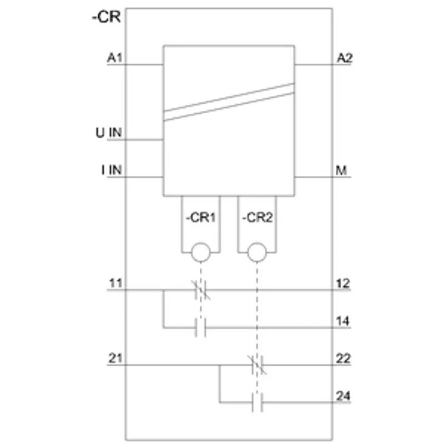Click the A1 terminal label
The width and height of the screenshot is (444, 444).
[x=115, y=58]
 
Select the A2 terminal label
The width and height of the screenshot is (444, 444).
[x=345, y=58]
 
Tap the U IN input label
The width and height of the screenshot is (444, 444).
[x=109, y=133]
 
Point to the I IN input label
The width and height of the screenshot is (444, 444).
[x=112, y=170]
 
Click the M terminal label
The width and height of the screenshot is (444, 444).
[x=341, y=170]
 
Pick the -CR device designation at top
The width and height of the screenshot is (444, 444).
[x=106, y=17]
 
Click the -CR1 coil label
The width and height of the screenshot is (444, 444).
[x=200, y=218]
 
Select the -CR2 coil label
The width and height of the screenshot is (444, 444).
[x=257, y=218]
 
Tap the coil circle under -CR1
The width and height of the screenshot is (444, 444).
[x=201, y=252]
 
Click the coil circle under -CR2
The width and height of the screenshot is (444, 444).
[x=257, y=252]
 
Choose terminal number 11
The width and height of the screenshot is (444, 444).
[x=115, y=283]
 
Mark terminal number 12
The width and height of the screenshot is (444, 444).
[x=343, y=284]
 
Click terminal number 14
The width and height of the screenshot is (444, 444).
[x=343, y=321]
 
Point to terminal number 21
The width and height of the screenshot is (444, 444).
[x=115, y=358]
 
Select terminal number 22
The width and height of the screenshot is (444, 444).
[x=343, y=359]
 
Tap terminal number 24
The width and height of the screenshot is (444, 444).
[x=343, y=396]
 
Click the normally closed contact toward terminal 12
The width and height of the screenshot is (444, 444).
[x=201, y=290]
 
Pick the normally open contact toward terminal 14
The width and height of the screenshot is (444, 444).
[x=200, y=327]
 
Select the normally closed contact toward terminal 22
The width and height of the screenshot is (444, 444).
[x=257, y=365]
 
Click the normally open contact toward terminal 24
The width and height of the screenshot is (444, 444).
[x=257, y=402]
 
